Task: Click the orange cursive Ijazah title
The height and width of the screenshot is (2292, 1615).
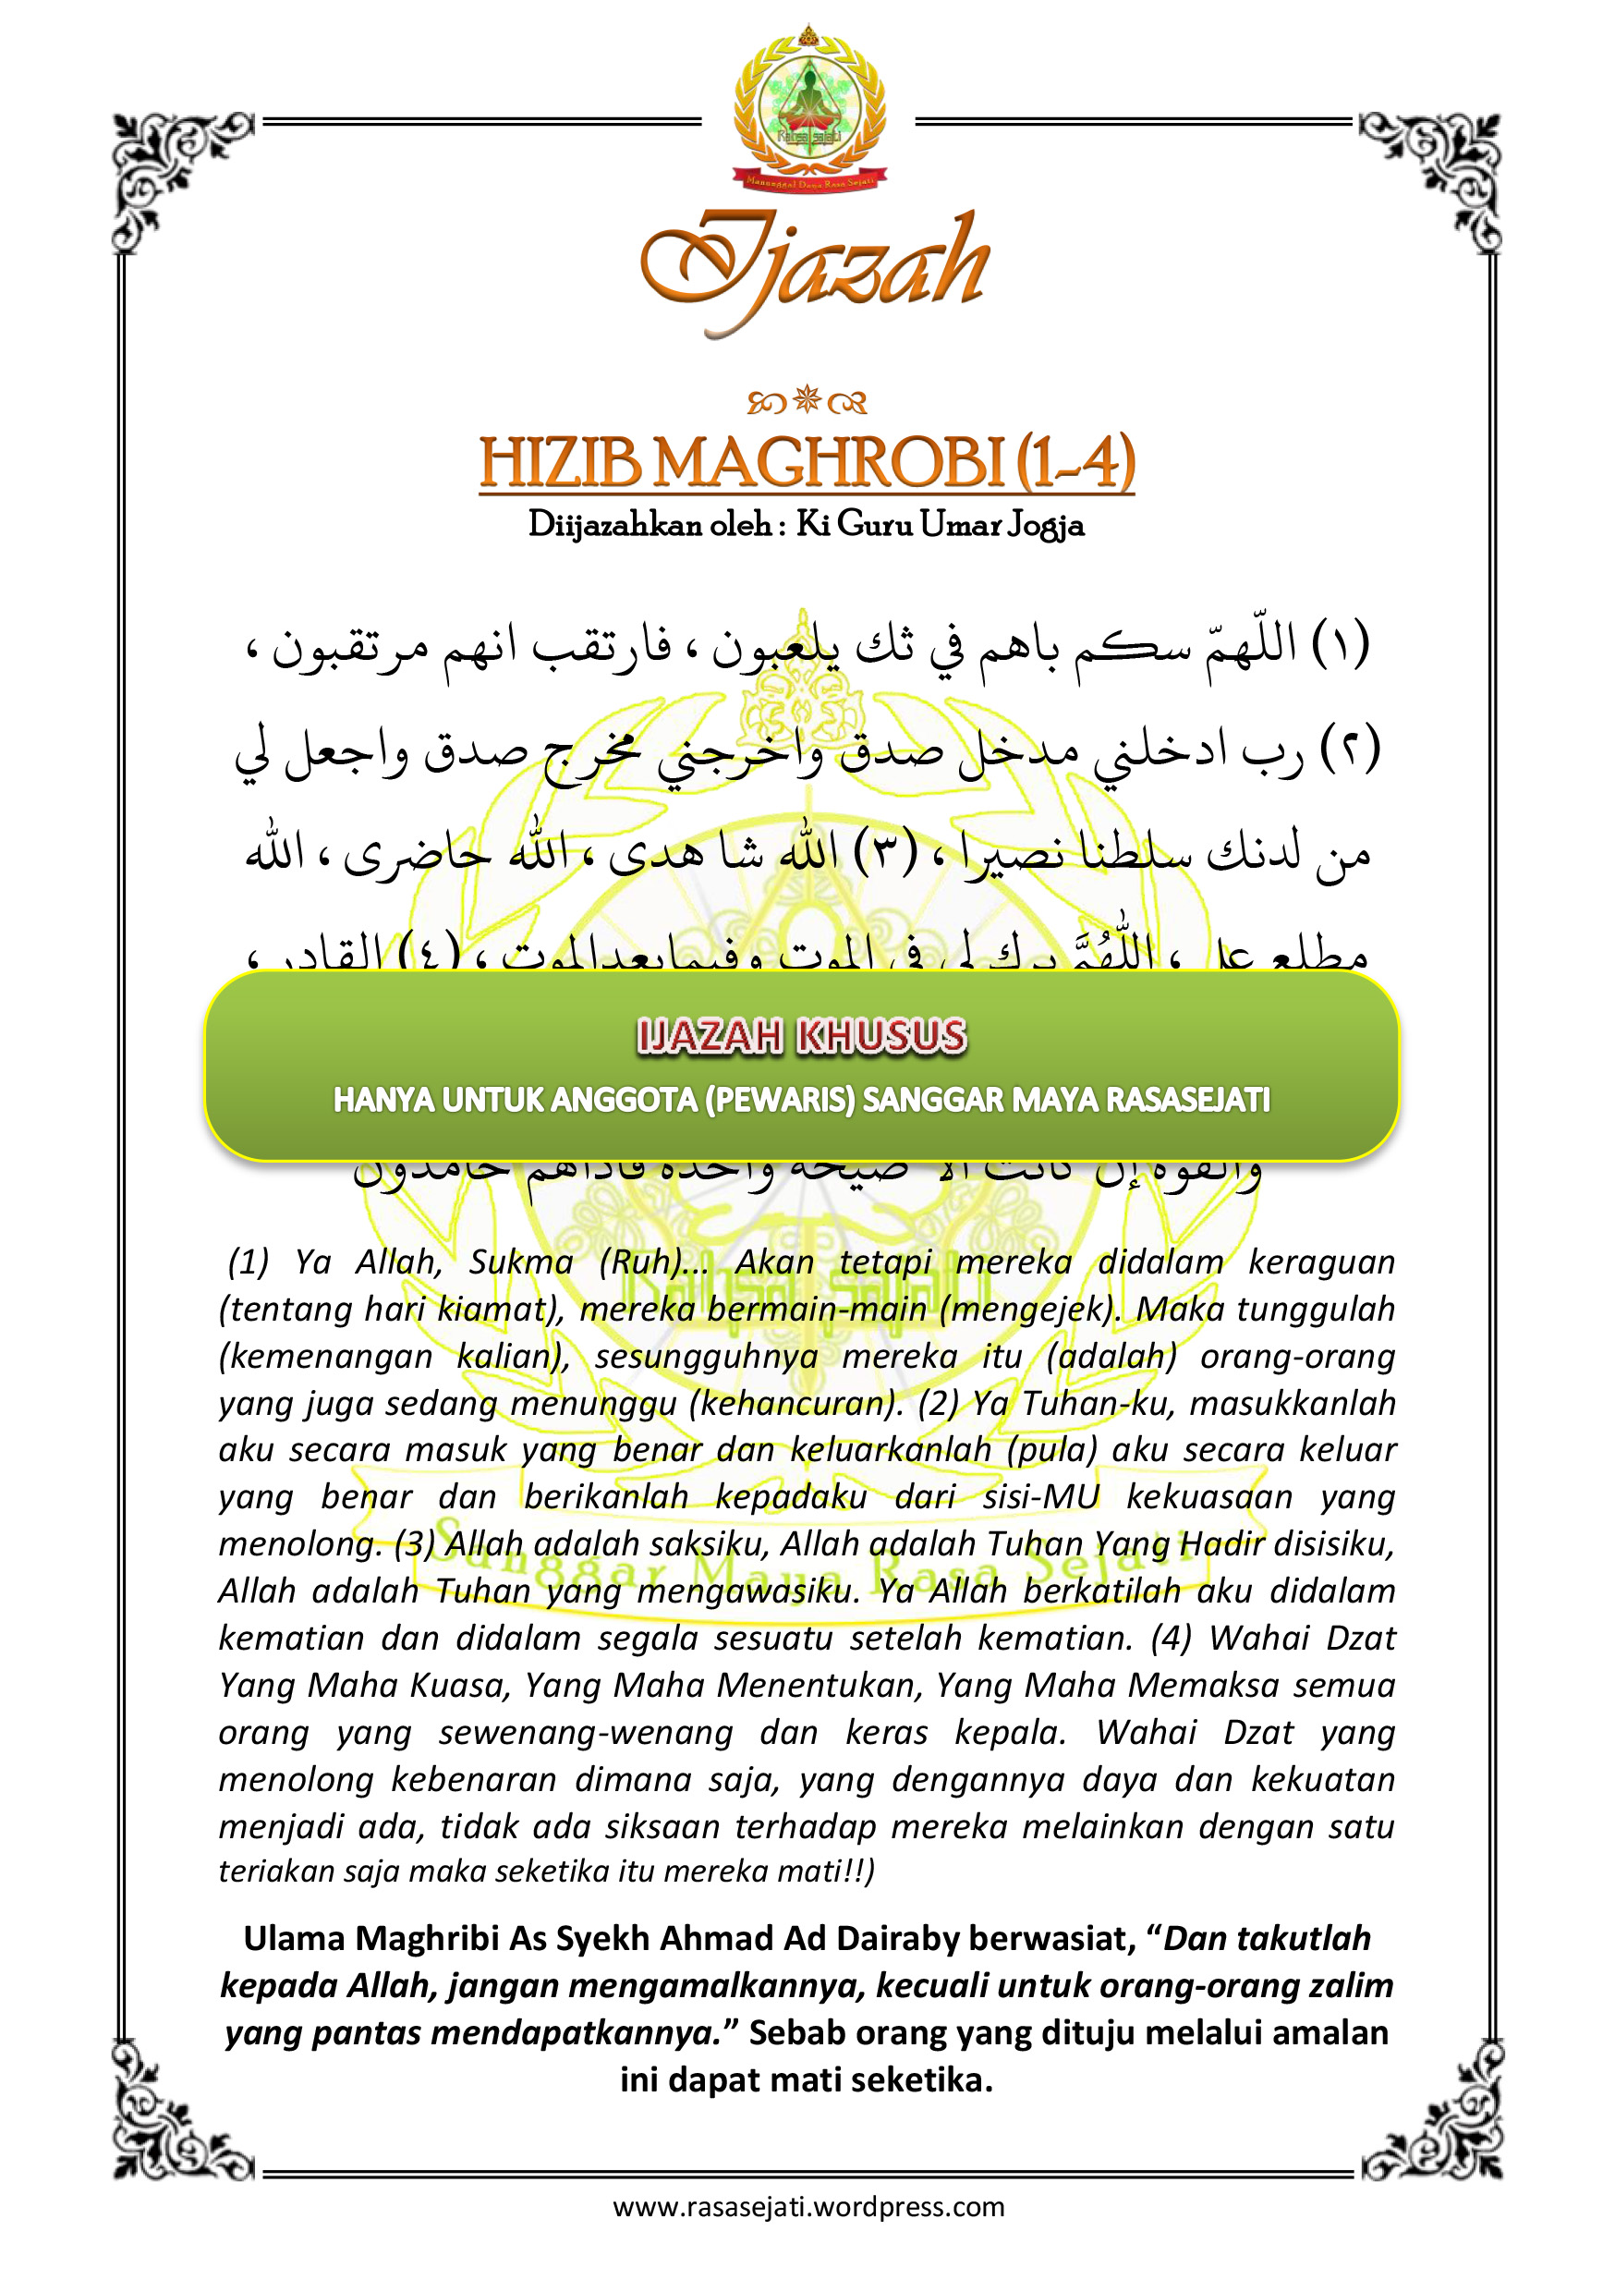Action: pyautogui.click(x=813, y=267)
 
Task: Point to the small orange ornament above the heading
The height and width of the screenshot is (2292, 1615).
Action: pyautogui.click(x=807, y=401)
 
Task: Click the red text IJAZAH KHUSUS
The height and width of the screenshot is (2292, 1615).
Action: pyautogui.click(x=802, y=1036)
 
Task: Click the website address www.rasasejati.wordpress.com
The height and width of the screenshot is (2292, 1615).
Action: pyautogui.click(x=808, y=2207)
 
